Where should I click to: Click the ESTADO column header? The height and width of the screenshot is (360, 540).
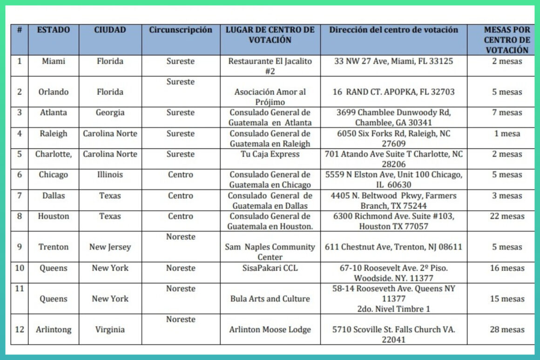point(54,30)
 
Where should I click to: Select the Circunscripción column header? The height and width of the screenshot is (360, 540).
point(181,30)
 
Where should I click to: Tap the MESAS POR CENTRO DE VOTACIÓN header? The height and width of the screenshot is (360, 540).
point(507,40)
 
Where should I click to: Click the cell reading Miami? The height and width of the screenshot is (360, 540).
point(54,61)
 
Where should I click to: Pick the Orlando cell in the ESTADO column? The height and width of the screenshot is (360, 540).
point(54,92)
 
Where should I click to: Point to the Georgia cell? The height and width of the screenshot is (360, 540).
point(110,113)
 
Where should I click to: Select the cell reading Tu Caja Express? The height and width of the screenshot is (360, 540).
point(270,154)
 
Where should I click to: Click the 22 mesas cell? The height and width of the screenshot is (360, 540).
point(507,216)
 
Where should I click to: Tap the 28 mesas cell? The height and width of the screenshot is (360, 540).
point(507,329)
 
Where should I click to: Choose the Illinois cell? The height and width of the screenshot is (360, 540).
point(110,175)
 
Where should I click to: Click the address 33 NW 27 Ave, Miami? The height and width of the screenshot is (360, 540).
point(393,61)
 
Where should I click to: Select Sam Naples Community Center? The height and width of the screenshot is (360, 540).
point(270,251)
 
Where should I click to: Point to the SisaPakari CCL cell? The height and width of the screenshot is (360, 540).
point(270,268)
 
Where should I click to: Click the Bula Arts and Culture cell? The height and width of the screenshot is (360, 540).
point(270,299)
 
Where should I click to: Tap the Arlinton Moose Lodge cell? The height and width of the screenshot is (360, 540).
point(270,329)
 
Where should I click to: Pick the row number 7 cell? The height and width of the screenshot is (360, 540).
point(20,196)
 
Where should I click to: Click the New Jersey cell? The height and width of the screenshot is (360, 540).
point(110,247)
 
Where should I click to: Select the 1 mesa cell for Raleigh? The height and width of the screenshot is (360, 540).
point(507,134)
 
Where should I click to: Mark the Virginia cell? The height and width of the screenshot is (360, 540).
point(110,329)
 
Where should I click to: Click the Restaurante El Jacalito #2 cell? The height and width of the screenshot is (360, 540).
point(270,66)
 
